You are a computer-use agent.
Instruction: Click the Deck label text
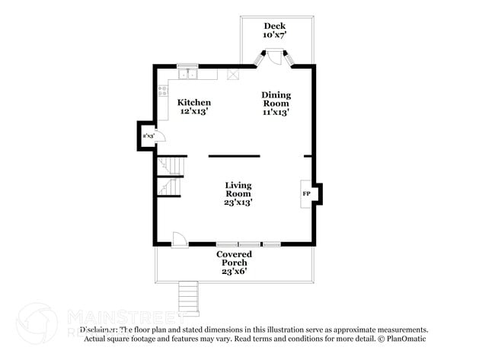pos(274,26)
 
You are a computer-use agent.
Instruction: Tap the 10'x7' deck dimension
pos(274,35)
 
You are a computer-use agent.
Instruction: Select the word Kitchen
pos(194,103)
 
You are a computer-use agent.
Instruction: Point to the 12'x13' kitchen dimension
pos(194,112)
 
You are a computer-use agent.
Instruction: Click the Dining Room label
pos(276,99)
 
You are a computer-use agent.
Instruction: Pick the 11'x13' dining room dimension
pos(276,112)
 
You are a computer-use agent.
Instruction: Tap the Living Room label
pos(238,190)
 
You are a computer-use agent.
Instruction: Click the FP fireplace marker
pos(306,194)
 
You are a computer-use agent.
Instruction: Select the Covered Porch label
pos(234,259)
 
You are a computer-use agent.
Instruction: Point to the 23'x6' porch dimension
pos(234,272)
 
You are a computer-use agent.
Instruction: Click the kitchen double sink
pos(187,75)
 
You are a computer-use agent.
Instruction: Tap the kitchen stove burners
pos(163,92)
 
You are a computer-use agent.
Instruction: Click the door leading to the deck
pos(274,58)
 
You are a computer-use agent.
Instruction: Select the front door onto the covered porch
pos(180,239)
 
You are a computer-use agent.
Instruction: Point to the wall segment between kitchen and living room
pos(234,156)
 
